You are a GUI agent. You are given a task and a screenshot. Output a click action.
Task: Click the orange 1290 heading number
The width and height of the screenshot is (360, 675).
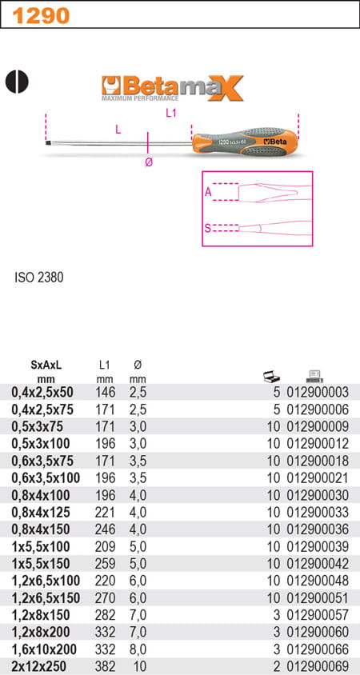[41, 15]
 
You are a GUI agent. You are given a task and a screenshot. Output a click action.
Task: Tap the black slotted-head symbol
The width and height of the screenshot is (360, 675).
[17, 82]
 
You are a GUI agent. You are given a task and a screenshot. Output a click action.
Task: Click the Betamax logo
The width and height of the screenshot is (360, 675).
[172, 88]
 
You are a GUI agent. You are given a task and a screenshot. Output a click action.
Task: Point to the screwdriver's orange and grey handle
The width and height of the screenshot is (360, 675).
[245, 142]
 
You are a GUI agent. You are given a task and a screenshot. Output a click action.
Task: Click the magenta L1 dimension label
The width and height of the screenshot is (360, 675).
[172, 114]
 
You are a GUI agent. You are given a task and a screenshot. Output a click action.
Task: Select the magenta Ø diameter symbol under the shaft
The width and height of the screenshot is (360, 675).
[149, 162]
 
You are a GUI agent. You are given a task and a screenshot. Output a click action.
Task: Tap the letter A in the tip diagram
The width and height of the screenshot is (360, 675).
[208, 193]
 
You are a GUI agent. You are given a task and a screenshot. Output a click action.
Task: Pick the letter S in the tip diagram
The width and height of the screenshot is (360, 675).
[207, 228]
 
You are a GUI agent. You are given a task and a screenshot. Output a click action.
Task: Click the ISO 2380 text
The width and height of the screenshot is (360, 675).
[38, 278]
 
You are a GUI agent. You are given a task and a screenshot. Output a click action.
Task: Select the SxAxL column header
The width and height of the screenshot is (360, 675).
[46, 365]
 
